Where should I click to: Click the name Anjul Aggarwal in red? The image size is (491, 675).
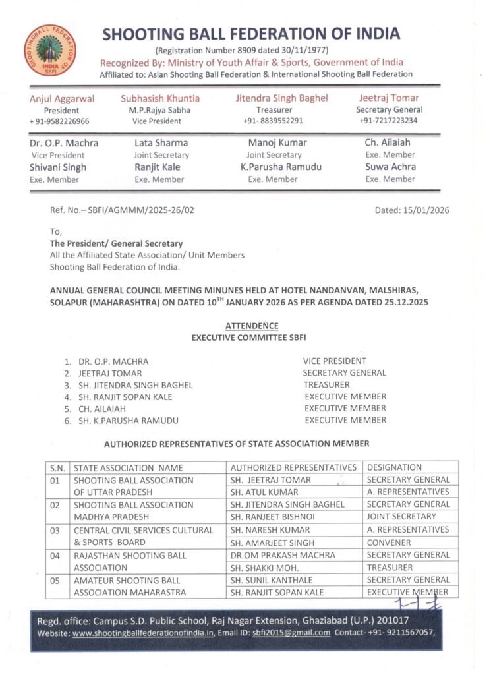62,98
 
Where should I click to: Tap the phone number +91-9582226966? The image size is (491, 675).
59,121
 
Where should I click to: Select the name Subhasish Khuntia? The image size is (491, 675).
160,98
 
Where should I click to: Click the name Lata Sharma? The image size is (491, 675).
161,142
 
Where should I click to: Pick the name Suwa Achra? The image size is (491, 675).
390,167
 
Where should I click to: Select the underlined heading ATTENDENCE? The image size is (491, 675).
252,326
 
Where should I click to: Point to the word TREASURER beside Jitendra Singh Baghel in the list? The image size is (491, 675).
326,384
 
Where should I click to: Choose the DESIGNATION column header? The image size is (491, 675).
394,467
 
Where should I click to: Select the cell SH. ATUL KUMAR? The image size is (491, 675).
264,492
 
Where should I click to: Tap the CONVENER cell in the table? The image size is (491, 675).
388,543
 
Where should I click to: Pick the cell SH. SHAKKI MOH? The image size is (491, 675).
266,567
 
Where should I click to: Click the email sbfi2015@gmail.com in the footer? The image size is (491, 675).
297,633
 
